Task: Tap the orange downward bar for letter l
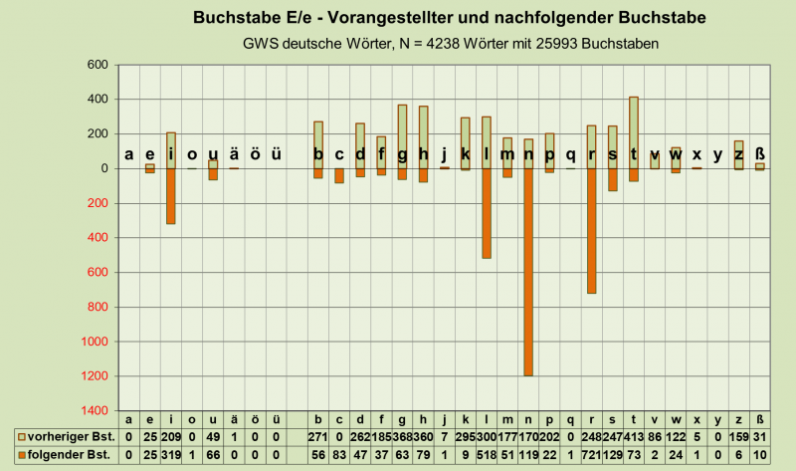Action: [x=487, y=213]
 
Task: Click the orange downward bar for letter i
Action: [x=170, y=196]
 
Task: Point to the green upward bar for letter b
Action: [x=318, y=144]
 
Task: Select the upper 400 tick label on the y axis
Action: [x=97, y=100]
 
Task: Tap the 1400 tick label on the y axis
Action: [x=94, y=410]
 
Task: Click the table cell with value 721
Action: [x=591, y=455]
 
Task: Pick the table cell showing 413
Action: [x=633, y=437]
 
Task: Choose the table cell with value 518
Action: [x=487, y=455]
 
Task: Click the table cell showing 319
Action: [x=170, y=455]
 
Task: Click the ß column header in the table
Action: [x=759, y=420]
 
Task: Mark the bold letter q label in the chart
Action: [x=570, y=154]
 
